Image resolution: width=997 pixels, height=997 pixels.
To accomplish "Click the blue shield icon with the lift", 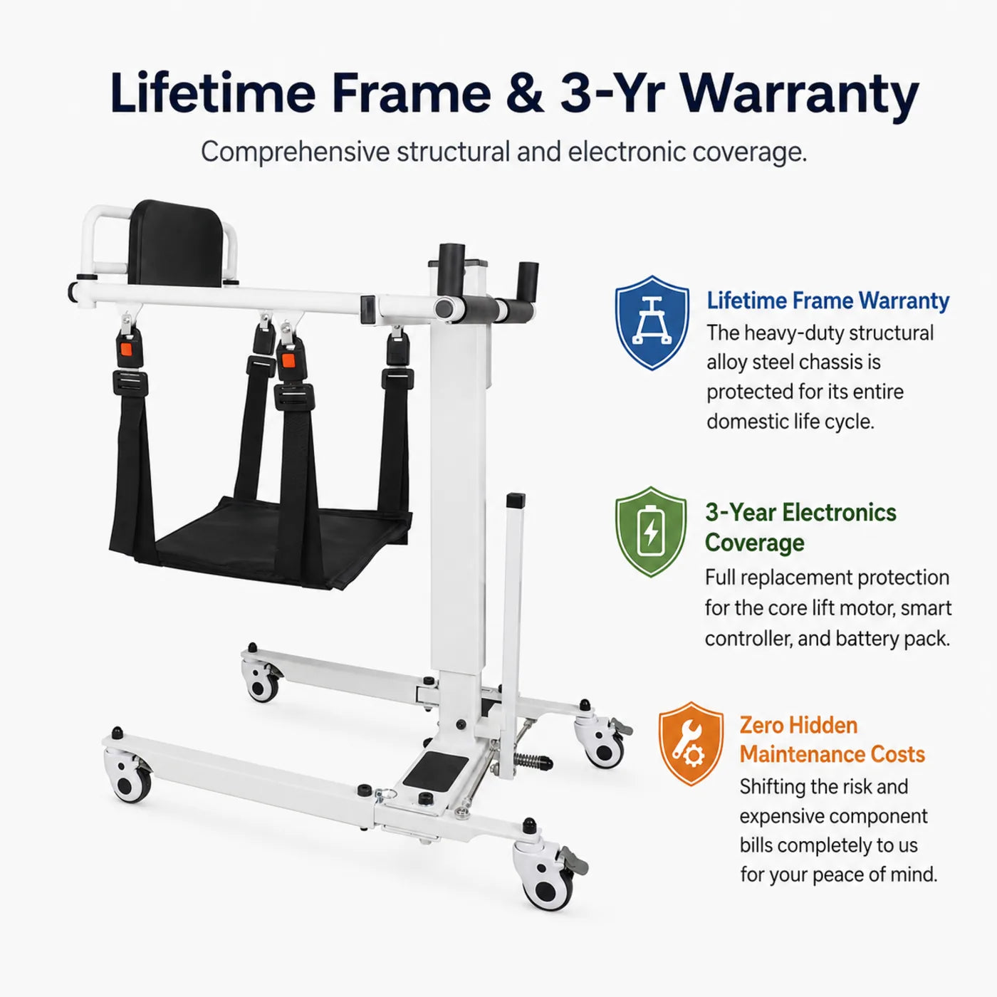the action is coord(652,323).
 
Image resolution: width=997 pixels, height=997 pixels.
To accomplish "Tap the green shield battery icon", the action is coord(651,532).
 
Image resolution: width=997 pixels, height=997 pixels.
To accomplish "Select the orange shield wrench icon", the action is coord(691,743).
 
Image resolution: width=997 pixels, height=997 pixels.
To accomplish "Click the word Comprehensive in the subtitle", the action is coord(295,152).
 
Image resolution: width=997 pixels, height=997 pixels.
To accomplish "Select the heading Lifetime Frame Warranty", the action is coord(828,301).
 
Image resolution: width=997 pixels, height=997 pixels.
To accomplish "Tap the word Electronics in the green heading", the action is coord(839,512).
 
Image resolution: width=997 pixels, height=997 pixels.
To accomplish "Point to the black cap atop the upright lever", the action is coord(516,501).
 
